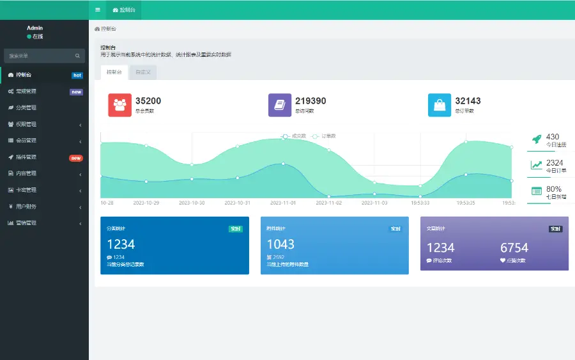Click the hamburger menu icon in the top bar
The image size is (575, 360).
coord(97,10)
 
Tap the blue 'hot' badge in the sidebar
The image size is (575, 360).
coord(77,75)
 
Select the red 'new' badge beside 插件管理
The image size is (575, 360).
coord(76,158)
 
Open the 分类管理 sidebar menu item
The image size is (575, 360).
coord(26,107)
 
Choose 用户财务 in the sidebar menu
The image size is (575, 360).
coord(26,207)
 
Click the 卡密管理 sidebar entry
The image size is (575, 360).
coord(26,190)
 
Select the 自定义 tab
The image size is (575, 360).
coord(143,72)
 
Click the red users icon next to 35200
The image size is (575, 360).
coord(119,106)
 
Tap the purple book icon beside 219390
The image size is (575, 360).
coord(279,106)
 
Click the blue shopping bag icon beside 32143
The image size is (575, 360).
coord(439,106)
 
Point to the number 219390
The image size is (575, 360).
coord(310,101)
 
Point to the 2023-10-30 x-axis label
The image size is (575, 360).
coord(192,203)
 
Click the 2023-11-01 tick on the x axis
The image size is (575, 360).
coord(283,203)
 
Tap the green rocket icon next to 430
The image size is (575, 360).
coord(537,139)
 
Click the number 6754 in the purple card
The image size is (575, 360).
coord(514,247)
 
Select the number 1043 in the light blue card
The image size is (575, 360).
coord(280,244)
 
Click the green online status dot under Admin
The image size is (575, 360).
coord(29,36)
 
